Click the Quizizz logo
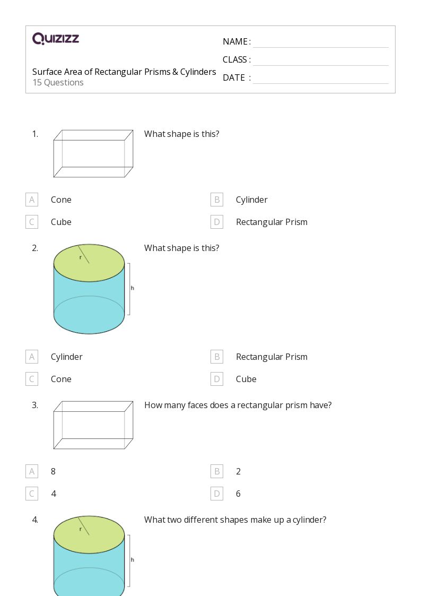click(56, 39)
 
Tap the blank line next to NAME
click(320, 42)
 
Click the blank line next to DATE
click(320, 79)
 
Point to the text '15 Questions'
click(58, 83)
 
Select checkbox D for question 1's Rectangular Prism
click(216, 222)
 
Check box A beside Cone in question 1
click(32, 200)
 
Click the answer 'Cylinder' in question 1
click(251, 200)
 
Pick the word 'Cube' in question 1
click(61, 222)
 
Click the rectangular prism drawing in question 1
click(93, 153)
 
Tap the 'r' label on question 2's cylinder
click(81, 257)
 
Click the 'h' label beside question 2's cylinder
click(132, 288)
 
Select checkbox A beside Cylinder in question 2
click(32, 357)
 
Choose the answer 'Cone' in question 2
click(61, 379)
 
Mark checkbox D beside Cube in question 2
click(216, 379)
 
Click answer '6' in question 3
click(238, 494)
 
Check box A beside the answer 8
click(32, 471)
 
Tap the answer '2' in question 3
click(238, 471)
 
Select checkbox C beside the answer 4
click(32, 494)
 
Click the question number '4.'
click(35, 520)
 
